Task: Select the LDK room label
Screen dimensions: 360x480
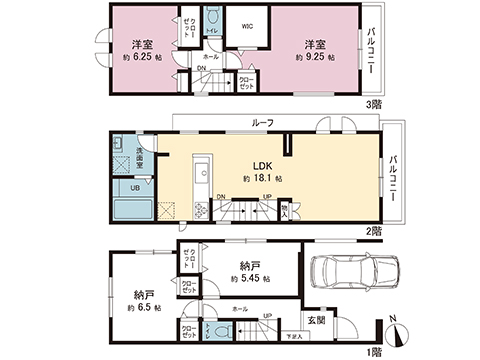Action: click(x=263, y=165)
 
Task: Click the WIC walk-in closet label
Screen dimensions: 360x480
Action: click(x=245, y=28)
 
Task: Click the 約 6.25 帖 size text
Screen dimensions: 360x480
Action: click(x=141, y=59)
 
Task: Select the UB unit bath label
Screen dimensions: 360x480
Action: click(x=133, y=187)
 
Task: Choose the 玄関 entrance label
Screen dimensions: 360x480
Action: click(x=316, y=319)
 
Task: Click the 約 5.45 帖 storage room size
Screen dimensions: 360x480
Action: click(x=248, y=279)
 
